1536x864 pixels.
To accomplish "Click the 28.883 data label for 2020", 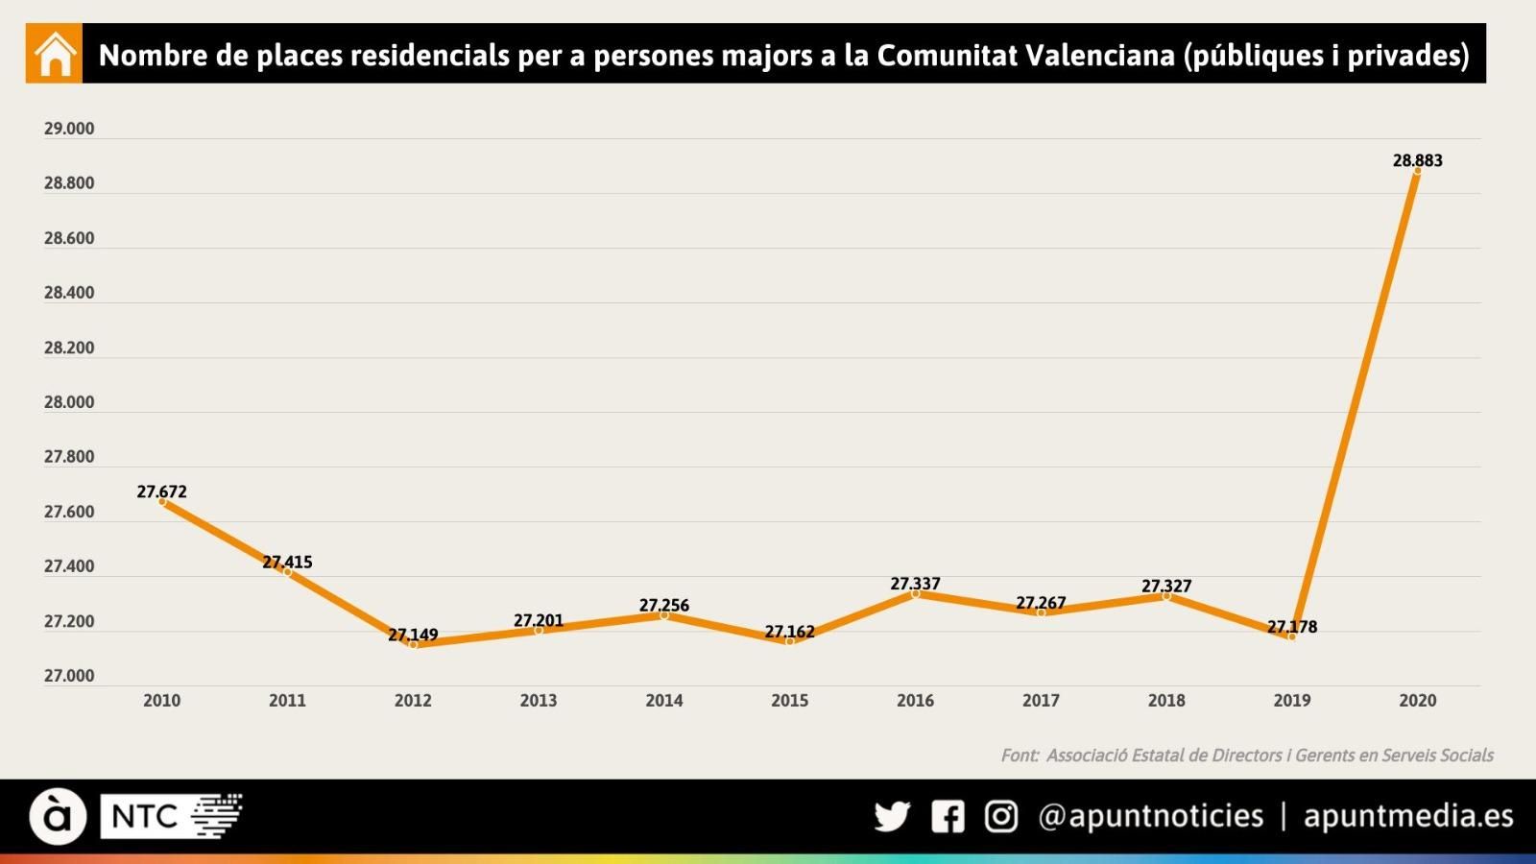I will (x=1417, y=160).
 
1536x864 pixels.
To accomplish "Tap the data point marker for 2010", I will (x=162, y=502).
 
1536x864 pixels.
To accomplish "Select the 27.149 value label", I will (x=413, y=635).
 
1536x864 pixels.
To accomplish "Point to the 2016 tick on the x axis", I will (x=915, y=701).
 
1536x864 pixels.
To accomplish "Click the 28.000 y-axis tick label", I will (x=69, y=402).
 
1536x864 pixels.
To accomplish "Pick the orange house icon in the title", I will (x=55, y=55).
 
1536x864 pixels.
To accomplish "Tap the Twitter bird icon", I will (x=892, y=817).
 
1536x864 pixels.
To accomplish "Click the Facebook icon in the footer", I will (x=948, y=817).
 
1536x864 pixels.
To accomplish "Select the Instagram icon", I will (x=1001, y=817).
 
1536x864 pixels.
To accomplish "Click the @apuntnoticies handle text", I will (x=1150, y=816).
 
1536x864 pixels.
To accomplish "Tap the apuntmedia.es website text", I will (x=1407, y=816).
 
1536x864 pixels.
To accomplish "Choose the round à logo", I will (x=58, y=817).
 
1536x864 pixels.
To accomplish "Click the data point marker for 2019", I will (x=1291, y=636).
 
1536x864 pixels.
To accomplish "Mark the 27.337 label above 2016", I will (x=915, y=584).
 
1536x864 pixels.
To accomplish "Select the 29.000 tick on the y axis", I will (x=69, y=129).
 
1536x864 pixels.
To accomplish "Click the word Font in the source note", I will (x=1019, y=756).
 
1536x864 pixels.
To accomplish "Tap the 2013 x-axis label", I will (x=539, y=701).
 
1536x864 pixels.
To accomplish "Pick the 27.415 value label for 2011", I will (x=287, y=562).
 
